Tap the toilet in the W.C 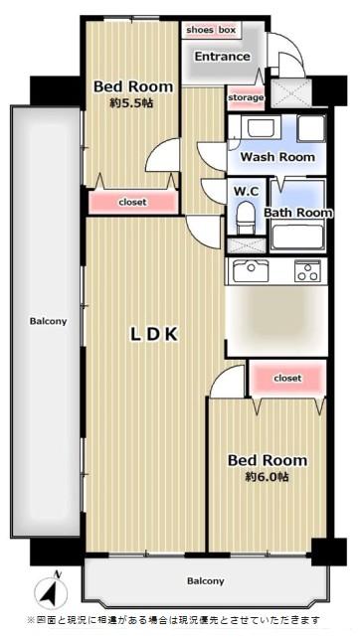coord(245,218)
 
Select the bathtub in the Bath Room coord(297,237)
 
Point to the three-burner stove coord(307,270)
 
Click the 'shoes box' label coord(211,30)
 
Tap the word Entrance coord(222,57)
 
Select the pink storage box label coord(246,98)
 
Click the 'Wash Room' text coord(277,157)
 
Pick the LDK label coord(154,334)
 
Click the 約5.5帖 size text coord(131,103)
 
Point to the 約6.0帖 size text coord(267,477)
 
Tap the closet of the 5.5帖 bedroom coord(133,202)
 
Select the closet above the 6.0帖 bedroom coord(287,379)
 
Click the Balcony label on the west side coord(48,321)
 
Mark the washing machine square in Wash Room coord(311,128)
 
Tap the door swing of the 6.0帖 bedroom coord(228,382)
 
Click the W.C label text coord(246,191)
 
